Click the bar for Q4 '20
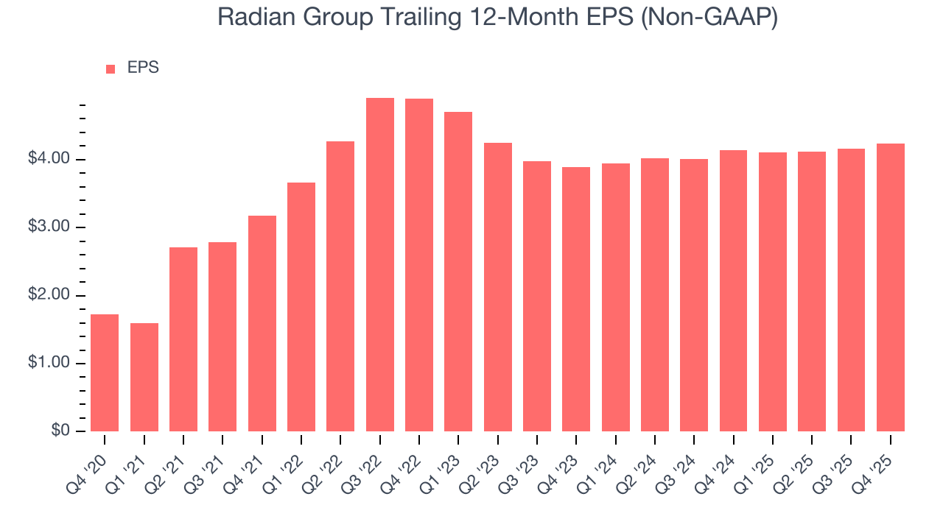point(105,372)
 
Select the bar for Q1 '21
point(144,377)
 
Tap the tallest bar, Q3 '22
point(380,264)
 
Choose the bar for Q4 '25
point(891,287)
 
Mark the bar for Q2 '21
point(183,339)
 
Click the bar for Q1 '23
point(458,272)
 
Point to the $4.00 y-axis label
point(50,160)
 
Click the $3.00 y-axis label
point(50,227)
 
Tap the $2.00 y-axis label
point(50,296)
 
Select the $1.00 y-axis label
point(50,364)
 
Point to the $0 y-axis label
point(60,431)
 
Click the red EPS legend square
point(111,69)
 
